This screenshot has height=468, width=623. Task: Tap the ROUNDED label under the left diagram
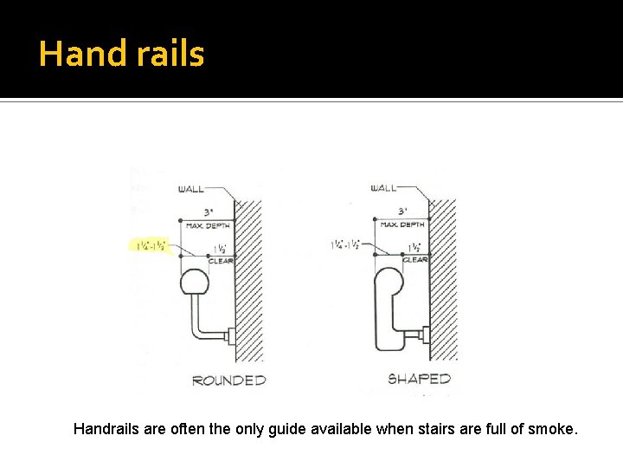click(228, 380)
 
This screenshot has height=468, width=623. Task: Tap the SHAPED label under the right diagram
click(419, 379)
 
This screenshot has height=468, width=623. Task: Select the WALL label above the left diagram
click(191, 189)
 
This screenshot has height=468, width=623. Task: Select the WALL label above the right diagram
click(383, 188)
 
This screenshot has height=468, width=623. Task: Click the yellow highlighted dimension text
click(151, 246)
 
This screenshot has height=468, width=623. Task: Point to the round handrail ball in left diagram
click(194, 283)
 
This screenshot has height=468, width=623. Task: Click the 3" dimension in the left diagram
click(209, 211)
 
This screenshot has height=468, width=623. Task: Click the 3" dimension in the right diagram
click(402, 211)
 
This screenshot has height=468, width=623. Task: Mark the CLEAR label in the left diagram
click(222, 260)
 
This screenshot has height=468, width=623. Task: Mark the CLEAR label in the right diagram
click(415, 259)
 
